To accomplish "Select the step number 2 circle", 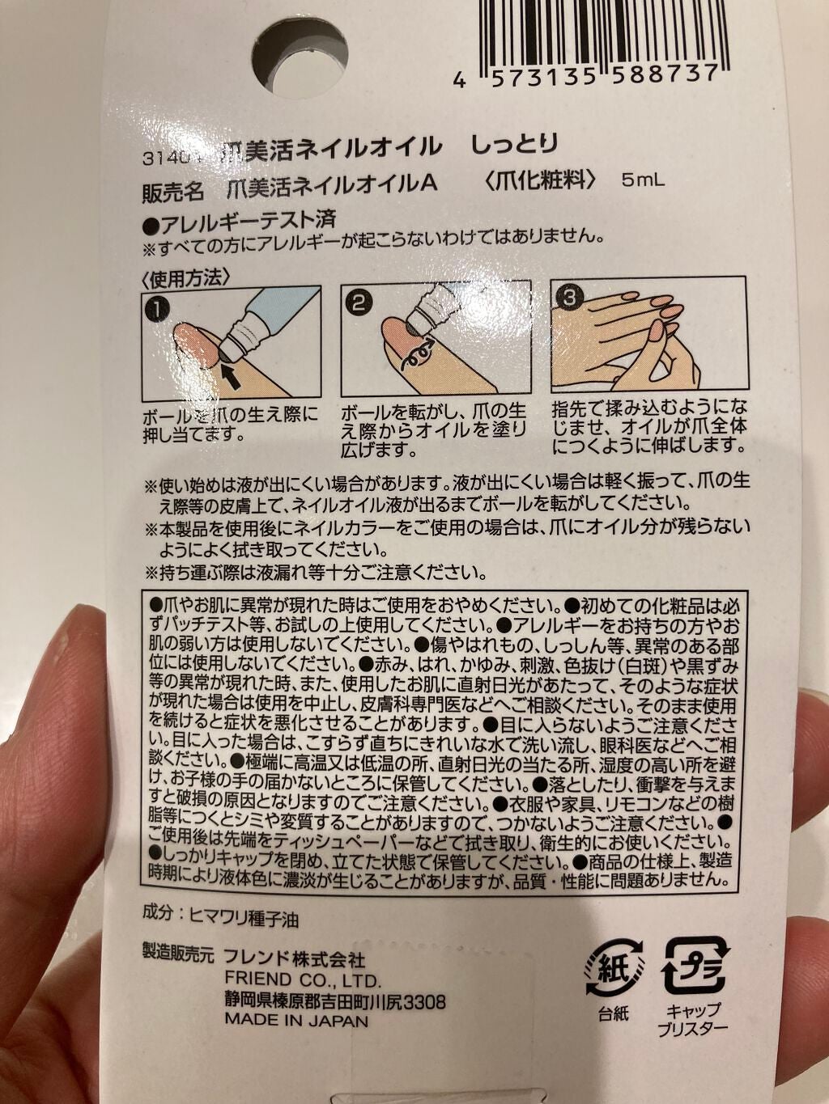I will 357,302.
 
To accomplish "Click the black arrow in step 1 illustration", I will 231,373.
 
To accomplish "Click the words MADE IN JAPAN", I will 296,1021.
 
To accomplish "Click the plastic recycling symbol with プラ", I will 695,966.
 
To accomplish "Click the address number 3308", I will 424,1001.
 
